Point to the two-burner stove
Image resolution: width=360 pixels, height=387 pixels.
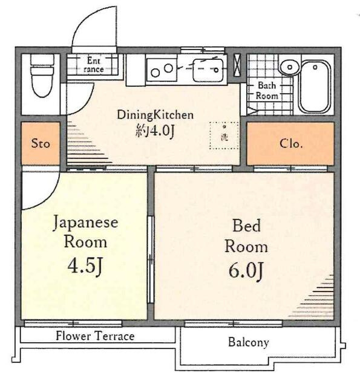click(x=162, y=70)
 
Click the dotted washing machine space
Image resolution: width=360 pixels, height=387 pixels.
click(x=224, y=135)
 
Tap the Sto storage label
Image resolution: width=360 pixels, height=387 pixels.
click(x=41, y=143)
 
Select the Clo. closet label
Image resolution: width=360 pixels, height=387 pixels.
click(x=291, y=143)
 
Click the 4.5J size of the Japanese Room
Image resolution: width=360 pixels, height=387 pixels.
click(x=85, y=267)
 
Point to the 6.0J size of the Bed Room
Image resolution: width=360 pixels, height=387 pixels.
click(x=246, y=272)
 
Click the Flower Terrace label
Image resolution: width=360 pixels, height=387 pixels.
click(x=95, y=336)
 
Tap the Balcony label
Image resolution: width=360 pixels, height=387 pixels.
click(x=249, y=343)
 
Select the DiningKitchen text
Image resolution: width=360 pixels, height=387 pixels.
click(x=155, y=115)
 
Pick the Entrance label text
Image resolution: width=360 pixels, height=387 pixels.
click(x=94, y=65)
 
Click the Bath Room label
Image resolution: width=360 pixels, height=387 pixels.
click(x=267, y=91)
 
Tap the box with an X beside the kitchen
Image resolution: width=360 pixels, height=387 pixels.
click(x=237, y=65)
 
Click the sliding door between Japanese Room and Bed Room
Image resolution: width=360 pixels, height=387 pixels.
click(x=151, y=259)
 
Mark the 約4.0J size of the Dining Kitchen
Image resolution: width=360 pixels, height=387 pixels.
click(x=155, y=130)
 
